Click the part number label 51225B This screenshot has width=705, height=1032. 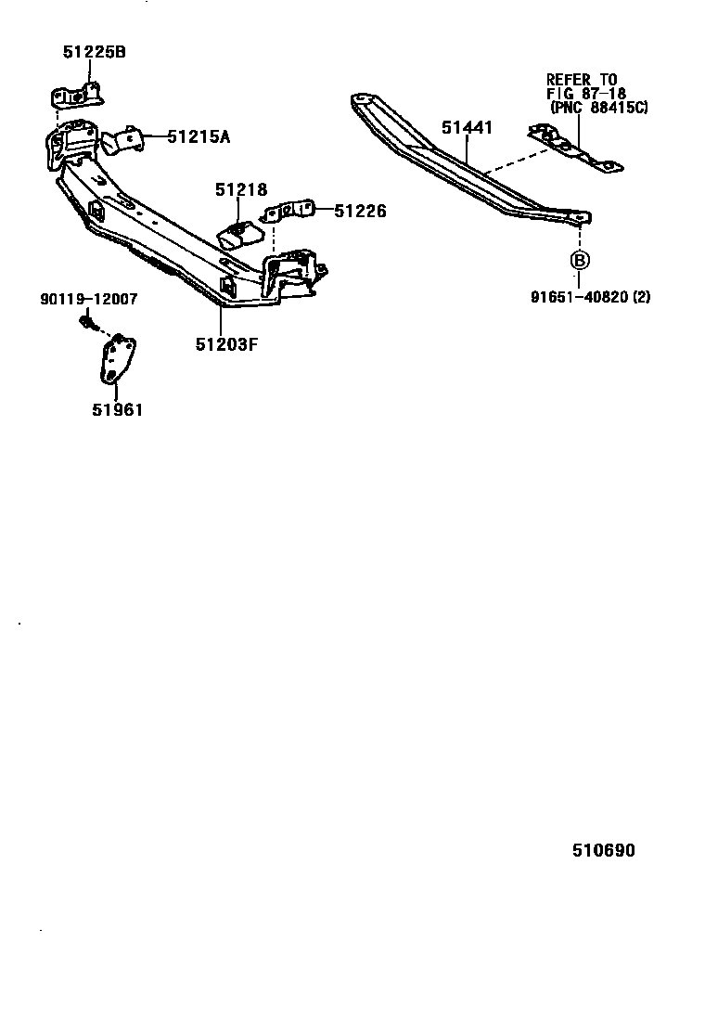pos(94,52)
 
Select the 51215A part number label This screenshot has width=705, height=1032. pos(199,137)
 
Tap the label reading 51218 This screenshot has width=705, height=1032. pos(240,190)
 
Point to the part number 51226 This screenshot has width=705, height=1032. pos(360,212)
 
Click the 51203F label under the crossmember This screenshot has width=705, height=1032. pos(226,344)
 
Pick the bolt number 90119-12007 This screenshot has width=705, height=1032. pos(88,300)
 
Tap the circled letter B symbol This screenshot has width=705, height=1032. pos(579,260)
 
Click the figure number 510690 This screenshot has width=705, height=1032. pos(603,850)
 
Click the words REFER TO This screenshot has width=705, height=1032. pos(582,80)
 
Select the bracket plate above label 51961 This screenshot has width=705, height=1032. pos(117,357)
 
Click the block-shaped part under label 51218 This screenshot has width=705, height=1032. pos(239,234)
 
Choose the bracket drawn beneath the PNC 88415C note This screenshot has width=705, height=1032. pos(575,148)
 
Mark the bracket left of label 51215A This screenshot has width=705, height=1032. pos(123,141)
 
